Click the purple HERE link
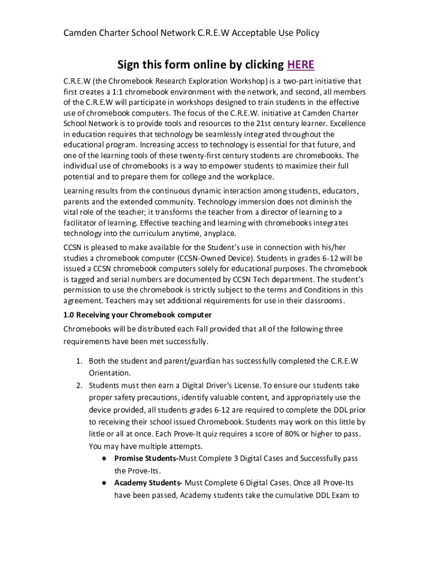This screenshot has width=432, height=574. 300,64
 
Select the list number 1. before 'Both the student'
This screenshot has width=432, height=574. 80,360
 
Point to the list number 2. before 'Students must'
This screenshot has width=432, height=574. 80,385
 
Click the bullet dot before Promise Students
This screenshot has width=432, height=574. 105,459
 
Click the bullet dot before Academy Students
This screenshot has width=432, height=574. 105,483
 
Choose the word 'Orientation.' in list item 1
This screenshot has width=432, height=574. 109,373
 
